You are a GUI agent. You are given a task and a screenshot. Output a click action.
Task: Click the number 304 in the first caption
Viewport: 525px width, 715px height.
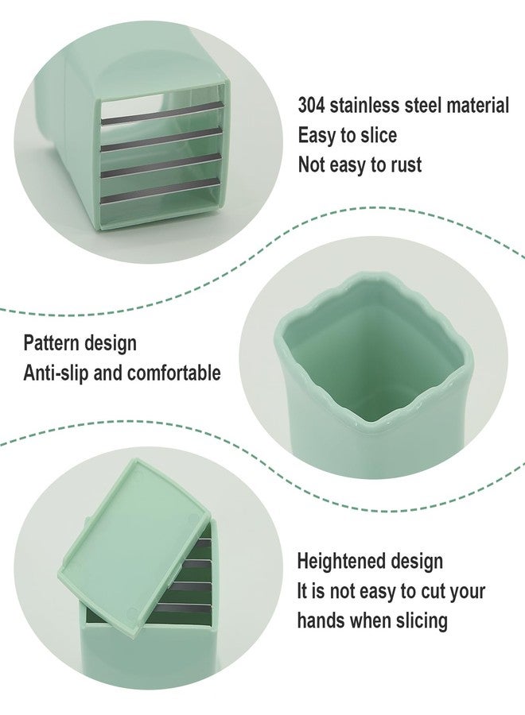click(311, 106)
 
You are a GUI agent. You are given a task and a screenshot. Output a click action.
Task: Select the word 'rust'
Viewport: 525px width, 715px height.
click(406, 165)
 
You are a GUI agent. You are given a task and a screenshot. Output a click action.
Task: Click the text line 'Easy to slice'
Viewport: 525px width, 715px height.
click(347, 135)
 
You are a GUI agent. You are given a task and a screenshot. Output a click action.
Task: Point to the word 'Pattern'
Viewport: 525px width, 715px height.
click(50, 343)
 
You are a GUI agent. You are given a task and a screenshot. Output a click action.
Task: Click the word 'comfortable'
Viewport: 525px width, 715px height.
click(174, 373)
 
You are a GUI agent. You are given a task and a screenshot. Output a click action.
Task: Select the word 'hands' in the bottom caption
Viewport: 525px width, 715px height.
click(321, 620)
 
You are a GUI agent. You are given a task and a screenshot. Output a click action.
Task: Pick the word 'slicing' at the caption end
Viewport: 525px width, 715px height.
click(419, 621)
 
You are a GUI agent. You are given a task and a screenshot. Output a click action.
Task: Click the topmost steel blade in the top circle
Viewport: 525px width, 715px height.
click(163, 113)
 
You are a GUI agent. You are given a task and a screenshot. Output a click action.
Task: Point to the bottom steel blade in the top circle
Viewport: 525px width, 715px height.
click(160, 191)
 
